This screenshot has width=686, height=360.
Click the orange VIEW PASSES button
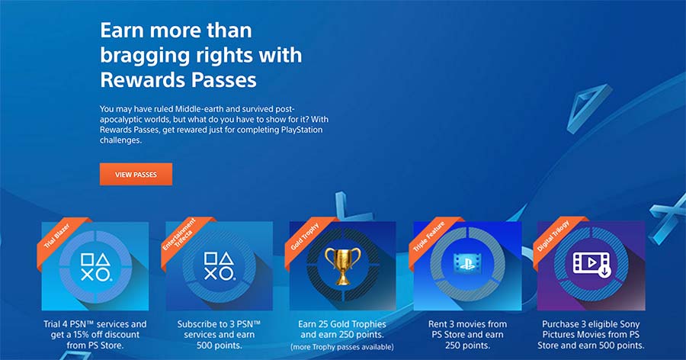(x=136, y=175)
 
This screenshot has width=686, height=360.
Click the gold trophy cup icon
(x=342, y=265)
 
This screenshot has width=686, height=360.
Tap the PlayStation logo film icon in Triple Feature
(x=467, y=264)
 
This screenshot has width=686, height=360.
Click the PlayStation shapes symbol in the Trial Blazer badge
(x=96, y=267)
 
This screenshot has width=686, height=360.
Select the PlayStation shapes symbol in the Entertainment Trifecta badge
(x=220, y=266)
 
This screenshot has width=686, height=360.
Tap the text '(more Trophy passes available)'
(x=342, y=347)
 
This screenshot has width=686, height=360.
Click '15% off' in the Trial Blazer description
(x=91, y=335)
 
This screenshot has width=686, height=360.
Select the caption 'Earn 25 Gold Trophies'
(x=342, y=324)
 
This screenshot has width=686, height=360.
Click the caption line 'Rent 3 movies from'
(x=467, y=324)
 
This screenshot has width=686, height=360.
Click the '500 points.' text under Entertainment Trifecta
(x=220, y=346)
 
